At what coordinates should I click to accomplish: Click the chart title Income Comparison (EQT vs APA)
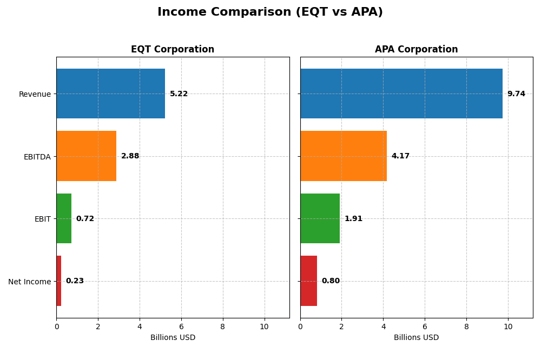pos(270,12)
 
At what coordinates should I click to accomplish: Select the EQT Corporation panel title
pos(173,49)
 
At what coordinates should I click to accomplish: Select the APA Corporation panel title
pos(416,49)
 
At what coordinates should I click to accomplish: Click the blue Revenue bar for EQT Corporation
pos(110,94)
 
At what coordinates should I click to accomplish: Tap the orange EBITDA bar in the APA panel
pos(343,156)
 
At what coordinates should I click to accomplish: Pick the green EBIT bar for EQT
pos(64,218)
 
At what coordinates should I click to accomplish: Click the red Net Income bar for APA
pos(308,281)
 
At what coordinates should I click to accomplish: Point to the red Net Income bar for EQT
pos(59,281)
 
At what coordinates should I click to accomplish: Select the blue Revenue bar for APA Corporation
pos(401,94)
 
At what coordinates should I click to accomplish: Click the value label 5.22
pos(179,94)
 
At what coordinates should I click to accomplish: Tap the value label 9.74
pos(516,94)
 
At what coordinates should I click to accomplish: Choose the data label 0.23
pos(75,281)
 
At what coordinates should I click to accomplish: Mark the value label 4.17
pos(400,156)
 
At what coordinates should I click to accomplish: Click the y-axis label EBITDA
pos(37,157)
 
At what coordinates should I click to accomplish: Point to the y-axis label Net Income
pos(29,282)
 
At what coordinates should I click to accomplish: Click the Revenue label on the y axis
pos(35,94)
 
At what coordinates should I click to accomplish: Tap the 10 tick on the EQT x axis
pos(264,326)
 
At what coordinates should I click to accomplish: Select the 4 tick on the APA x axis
pos(383,326)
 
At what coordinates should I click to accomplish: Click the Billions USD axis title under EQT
pos(173,337)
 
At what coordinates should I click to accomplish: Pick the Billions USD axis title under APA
pos(416,337)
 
